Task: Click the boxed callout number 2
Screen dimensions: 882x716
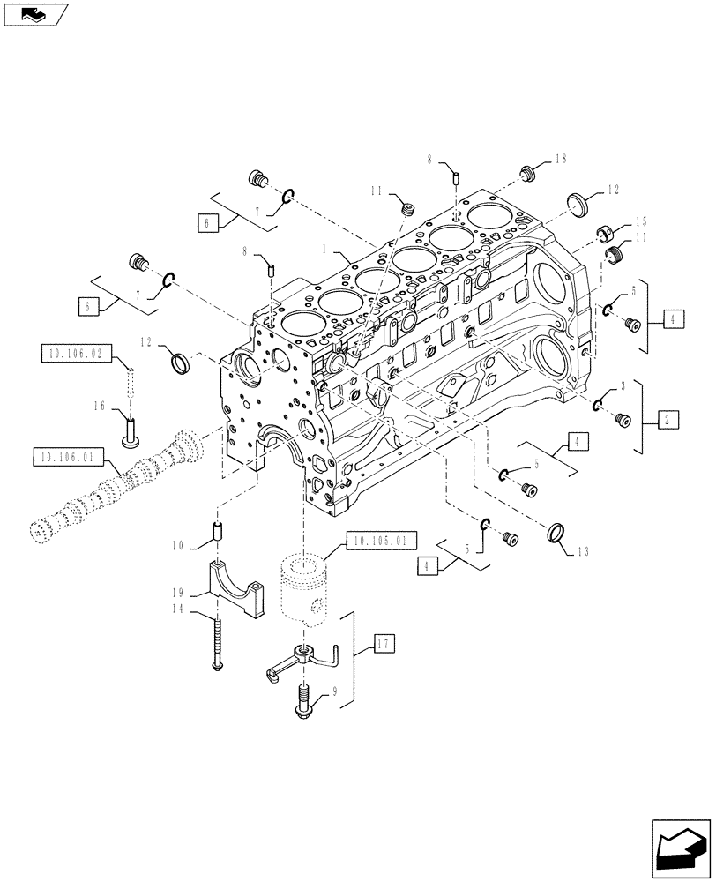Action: [668, 421]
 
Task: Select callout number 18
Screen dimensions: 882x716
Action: [560, 159]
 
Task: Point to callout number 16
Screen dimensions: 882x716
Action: [99, 406]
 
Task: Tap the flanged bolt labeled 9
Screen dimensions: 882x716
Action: [303, 702]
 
